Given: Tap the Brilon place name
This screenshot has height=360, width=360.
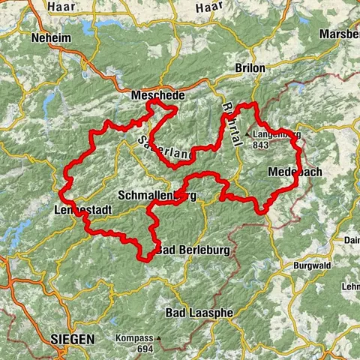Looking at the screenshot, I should click(251, 67).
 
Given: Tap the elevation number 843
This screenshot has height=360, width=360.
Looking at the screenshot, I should click(262, 145).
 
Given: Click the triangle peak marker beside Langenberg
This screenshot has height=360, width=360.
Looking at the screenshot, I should click(247, 136).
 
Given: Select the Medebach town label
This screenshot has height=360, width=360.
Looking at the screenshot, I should click(295, 172).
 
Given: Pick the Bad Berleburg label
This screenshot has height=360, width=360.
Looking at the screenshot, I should click(194, 250).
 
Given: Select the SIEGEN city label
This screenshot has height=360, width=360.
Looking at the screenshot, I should click(73, 340).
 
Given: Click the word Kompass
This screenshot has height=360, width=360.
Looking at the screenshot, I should click(134, 338).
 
